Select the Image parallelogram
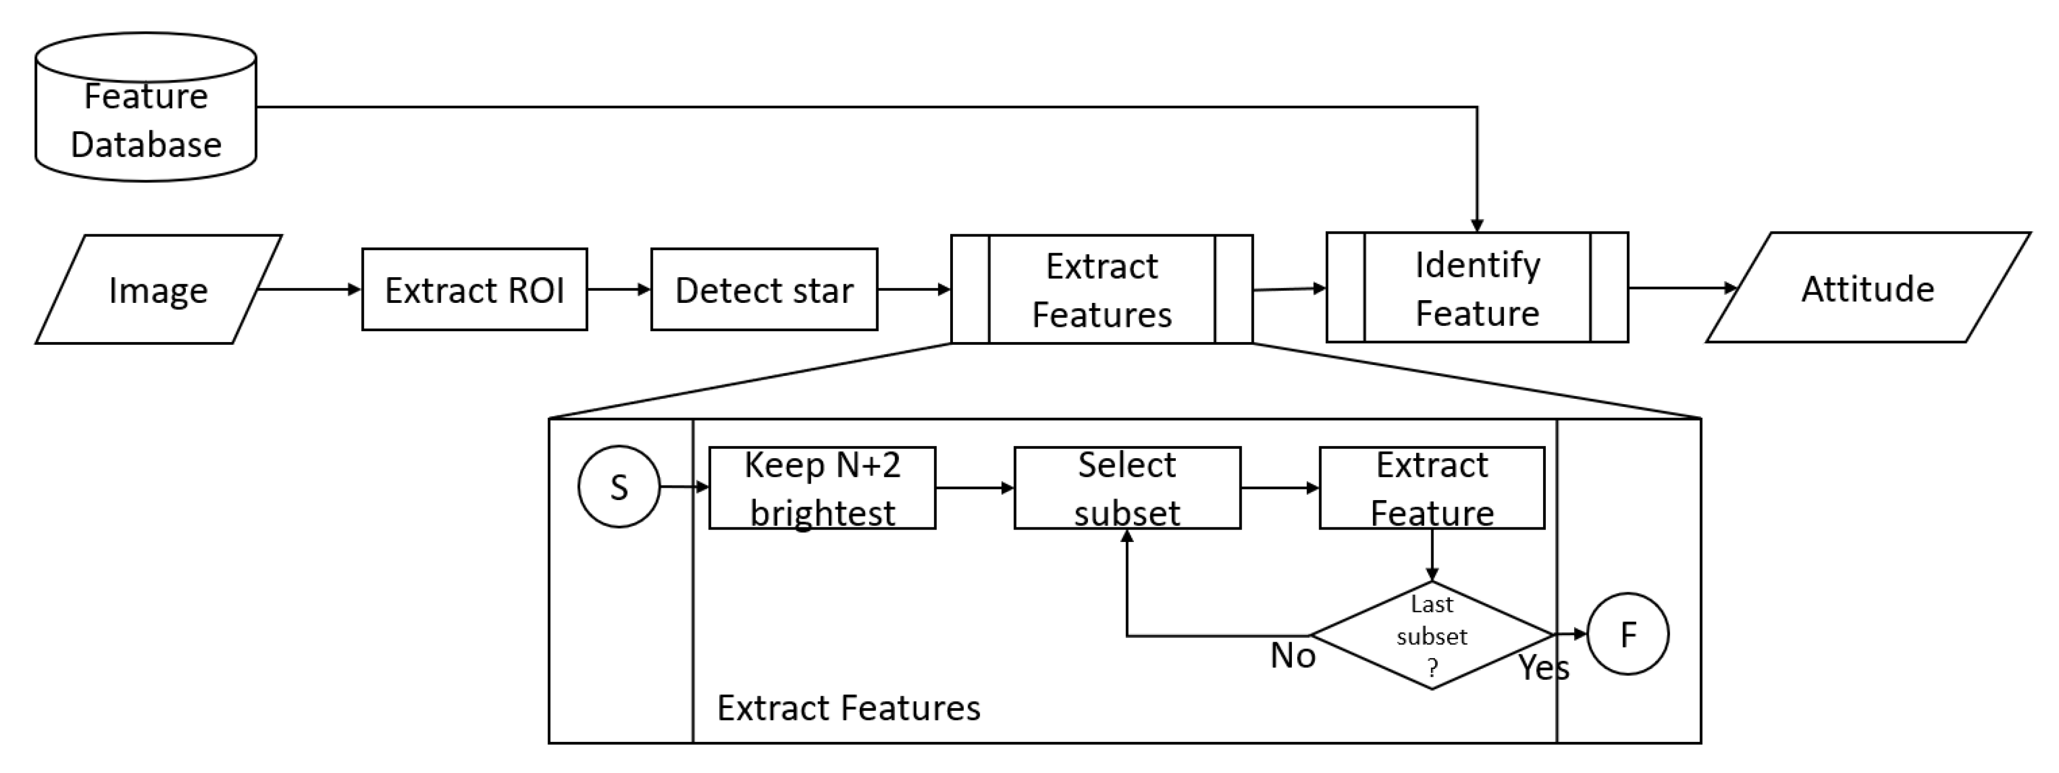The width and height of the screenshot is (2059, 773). [x=157, y=289]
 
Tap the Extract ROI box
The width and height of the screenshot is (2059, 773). [x=474, y=289]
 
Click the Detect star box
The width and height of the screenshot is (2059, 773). [x=763, y=289]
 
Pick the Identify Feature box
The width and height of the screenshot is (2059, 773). [x=1477, y=288]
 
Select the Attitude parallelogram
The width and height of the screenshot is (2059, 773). [x=1867, y=288]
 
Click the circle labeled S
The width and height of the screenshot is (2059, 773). [x=618, y=486]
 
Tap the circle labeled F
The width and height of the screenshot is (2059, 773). [x=1627, y=634]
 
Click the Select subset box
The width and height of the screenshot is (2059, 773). [x=1126, y=488]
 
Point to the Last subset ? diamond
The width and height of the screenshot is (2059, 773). [x=1431, y=636]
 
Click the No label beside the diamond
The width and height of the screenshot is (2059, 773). [x=1292, y=655]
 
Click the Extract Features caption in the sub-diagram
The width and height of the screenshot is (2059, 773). [x=848, y=708]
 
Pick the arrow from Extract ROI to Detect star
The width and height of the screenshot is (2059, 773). [x=618, y=289]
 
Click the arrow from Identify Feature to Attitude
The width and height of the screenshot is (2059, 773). [x=1679, y=288]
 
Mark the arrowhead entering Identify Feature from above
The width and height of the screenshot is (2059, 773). [x=1477, y=226]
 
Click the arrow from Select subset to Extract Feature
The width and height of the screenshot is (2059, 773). [x=1279, y=488]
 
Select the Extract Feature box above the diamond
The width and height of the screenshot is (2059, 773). [x=1431, y=488]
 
